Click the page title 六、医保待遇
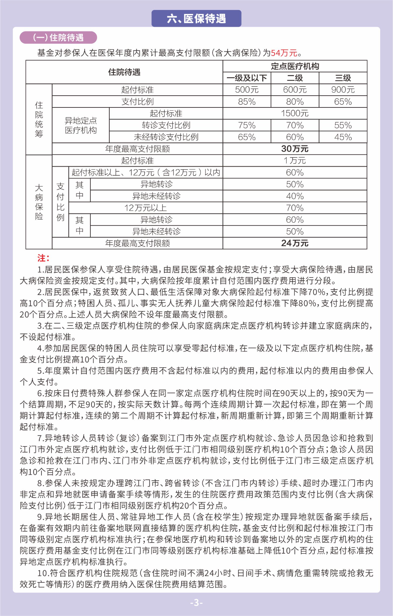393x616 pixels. (196, 19)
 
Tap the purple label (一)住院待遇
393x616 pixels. (58, 37)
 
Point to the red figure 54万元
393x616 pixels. (284, 53)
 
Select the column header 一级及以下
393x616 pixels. (247, 78)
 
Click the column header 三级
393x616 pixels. (343, 78)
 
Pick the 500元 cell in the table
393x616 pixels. (247, 90)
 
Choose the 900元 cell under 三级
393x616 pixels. (343, 90)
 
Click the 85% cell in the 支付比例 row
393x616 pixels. (247, 102)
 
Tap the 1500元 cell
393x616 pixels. (295, 113)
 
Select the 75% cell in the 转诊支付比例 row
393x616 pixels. (247, 125)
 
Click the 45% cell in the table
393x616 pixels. (343, 137)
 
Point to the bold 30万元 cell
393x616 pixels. (295, 149)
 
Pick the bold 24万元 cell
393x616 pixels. (295, 243)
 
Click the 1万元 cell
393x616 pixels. (295, 161)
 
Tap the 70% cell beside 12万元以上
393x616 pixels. (295, 208)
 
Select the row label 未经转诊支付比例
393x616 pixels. (166, 137)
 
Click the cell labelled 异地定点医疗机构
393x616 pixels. (81, 125)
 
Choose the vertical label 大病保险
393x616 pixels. (39, 202)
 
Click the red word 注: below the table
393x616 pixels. (43, 258)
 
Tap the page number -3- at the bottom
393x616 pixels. (196, 603)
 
